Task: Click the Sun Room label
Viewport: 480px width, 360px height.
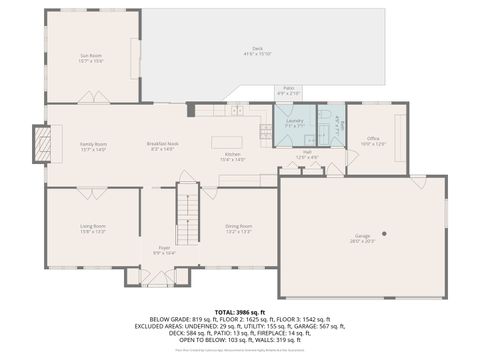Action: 92,57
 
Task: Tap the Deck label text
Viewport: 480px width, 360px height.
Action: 257,50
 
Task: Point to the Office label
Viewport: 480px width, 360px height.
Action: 373,140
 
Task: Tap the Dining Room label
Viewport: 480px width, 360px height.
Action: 238,228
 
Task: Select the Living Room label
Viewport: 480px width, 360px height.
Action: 93,228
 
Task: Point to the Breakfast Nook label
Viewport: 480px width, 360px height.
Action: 163,146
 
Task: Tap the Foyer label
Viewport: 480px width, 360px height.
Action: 164,250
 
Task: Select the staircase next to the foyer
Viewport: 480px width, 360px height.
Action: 188,210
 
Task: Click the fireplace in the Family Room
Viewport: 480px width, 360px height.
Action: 40,143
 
